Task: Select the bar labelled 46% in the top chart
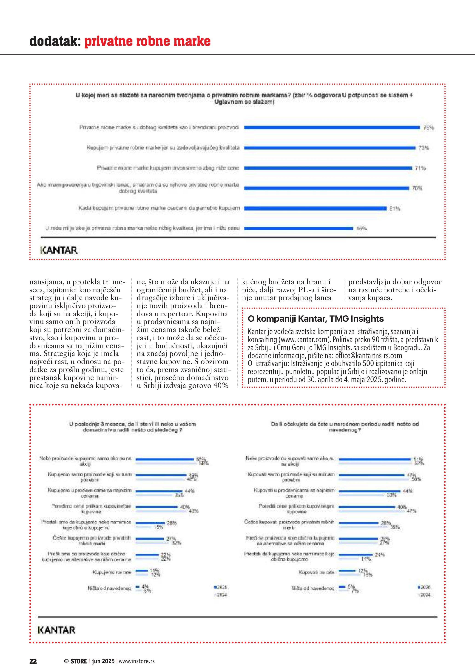point(298,228)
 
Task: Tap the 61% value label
point(395,208)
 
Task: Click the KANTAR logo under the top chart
point(59,250)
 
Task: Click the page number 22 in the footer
point(33,661)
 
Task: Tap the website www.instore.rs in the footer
point(137,661)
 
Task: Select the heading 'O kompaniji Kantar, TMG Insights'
point(316,319)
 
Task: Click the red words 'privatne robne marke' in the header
point(147,41)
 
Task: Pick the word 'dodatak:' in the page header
point(55,41)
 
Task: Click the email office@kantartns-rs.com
point(369,356)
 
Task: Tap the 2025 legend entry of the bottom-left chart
point(221,587)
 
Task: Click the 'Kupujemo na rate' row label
point(112,572)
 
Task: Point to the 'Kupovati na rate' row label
point(316,572)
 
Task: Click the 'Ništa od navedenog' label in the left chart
point(109,588)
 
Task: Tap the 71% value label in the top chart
point(420,168)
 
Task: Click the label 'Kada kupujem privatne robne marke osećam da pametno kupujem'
point(159,208)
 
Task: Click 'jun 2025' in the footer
point(103,661)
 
